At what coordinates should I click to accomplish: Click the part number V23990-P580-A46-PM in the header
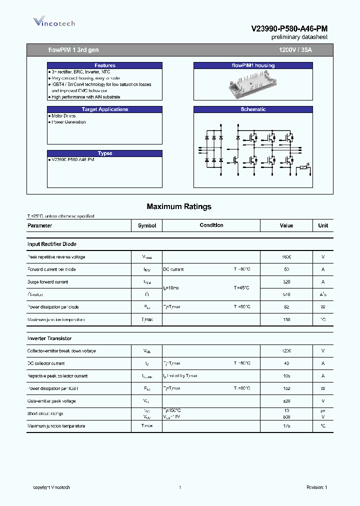coord(289,29)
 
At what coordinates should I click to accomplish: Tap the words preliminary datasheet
coord(299,37)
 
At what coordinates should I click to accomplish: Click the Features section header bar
coord(105,65)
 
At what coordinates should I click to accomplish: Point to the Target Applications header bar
coord(105,109)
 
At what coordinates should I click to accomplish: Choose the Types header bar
coord(105,153)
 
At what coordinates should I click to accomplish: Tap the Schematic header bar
coord(253,109)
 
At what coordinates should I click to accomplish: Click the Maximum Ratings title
coord(179,206)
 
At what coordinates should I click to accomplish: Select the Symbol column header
coord(147,225)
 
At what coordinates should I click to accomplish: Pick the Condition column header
coord(211,225)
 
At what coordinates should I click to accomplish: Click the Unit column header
coord(323,225)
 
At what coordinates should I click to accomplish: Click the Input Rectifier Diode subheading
coord(52,244)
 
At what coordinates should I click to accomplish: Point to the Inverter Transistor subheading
coord(49,338)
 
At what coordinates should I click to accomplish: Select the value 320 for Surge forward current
coord(286,282)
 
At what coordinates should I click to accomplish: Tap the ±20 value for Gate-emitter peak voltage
coord(286,401)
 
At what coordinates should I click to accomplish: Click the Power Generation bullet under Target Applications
coord(68,122)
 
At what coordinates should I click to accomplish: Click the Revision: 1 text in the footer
coord(316,487)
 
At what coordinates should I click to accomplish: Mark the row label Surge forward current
coord(48,282)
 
